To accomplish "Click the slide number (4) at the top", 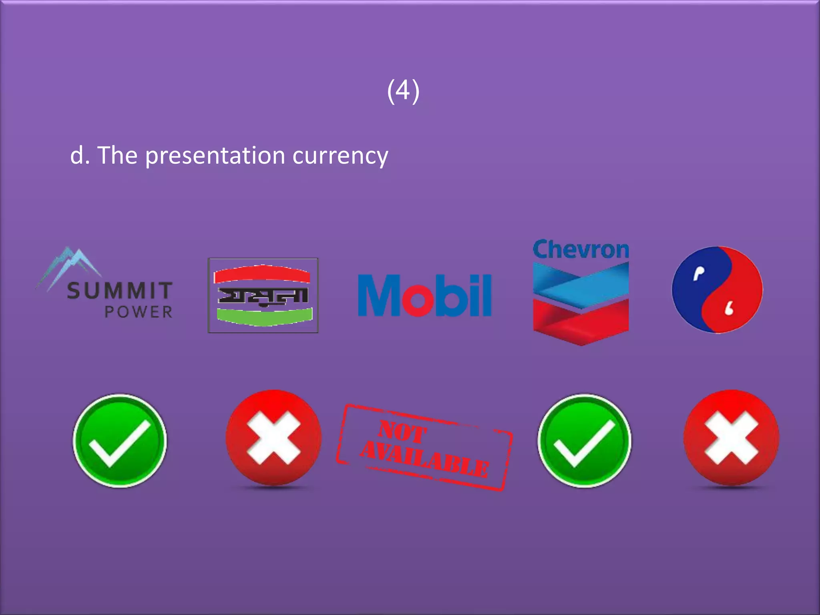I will pyautogui.click(x=403, y=91).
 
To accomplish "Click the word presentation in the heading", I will pyautogui.click(x=215, y=156).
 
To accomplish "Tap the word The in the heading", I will pyautogui.click(x=117, y=155).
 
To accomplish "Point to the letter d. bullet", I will pyautogui.click(x=79, y=156).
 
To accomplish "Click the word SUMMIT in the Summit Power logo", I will pyautogui.click(x=120, y=290).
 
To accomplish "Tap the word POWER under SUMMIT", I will pyautogui.click(x=139, y=312).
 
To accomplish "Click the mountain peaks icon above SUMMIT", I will pyautogui.click(x=69, y=265).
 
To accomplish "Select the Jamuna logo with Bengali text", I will pyautogui.click(x=263, y=295).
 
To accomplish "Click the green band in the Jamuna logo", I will pyautogui.click(x=264, y=317).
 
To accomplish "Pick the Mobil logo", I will pyautogui.click(x=424, y=295).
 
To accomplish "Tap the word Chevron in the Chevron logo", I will pyautogui.click(x=581, y=250).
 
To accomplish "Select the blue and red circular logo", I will pyautogui.click(x=717, y=289).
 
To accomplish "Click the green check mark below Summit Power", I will pyautogui.click(x=120, y=441).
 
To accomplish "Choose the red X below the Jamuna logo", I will pyautogui.click(x=273, y=438).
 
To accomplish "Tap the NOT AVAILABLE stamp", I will pyautogui.click(x=424, y=448).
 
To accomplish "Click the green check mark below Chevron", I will pyautogui.click(x=584, y=441).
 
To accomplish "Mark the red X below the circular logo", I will pyautogui.click(x=731, y=438).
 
